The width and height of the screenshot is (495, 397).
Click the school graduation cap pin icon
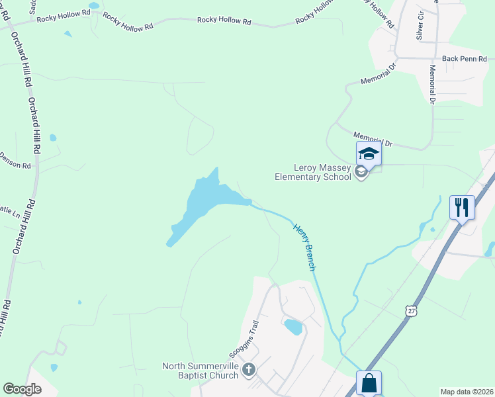(x=369, y=154)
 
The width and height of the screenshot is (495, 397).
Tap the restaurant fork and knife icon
(x=462, y=207)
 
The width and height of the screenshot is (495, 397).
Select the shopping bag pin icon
(x=369, y=383)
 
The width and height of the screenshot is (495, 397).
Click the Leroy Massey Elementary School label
(x=313, y=172)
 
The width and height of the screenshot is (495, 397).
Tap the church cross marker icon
(x=248, y=369)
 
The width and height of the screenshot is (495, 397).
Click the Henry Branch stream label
(x=304, y=246)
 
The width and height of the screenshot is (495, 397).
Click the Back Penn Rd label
(x=459, y=58)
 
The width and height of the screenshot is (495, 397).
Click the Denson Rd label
(x=15, y=160)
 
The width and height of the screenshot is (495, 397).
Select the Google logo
(x=22, y=389)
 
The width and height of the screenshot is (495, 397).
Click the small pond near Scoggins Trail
(x=292, y=327)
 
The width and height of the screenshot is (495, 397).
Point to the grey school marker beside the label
(x=361, y=173)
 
